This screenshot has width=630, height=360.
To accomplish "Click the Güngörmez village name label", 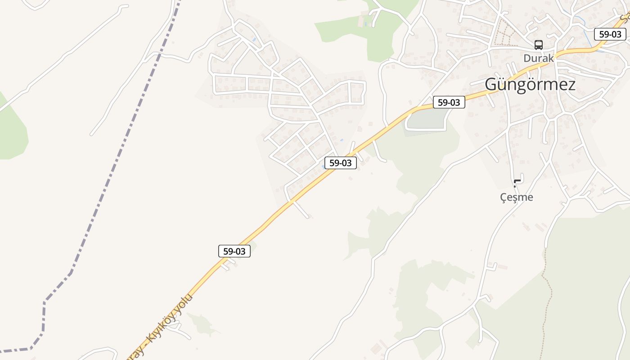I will tap(530, 85).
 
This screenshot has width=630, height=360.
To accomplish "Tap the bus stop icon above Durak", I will tap(538, 45).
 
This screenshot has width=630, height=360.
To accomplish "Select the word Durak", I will tap(538, 58).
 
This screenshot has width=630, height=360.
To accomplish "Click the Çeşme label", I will tap(517, 197).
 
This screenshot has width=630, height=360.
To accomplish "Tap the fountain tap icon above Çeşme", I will tap(517, 183).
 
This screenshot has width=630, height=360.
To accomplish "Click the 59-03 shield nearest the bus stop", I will tap(610, 34).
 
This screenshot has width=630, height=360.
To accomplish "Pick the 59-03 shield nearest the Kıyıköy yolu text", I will tap(234, 251).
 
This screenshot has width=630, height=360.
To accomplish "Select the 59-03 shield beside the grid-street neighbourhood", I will tap(340, 163).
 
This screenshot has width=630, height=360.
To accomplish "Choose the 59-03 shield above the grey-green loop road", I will tap(449, 103).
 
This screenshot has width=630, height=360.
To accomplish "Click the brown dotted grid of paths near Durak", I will tap(504, 34).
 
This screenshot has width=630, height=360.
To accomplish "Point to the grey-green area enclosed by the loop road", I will tap(425, 119).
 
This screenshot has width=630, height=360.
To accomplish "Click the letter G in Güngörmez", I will tap(492, 85).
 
